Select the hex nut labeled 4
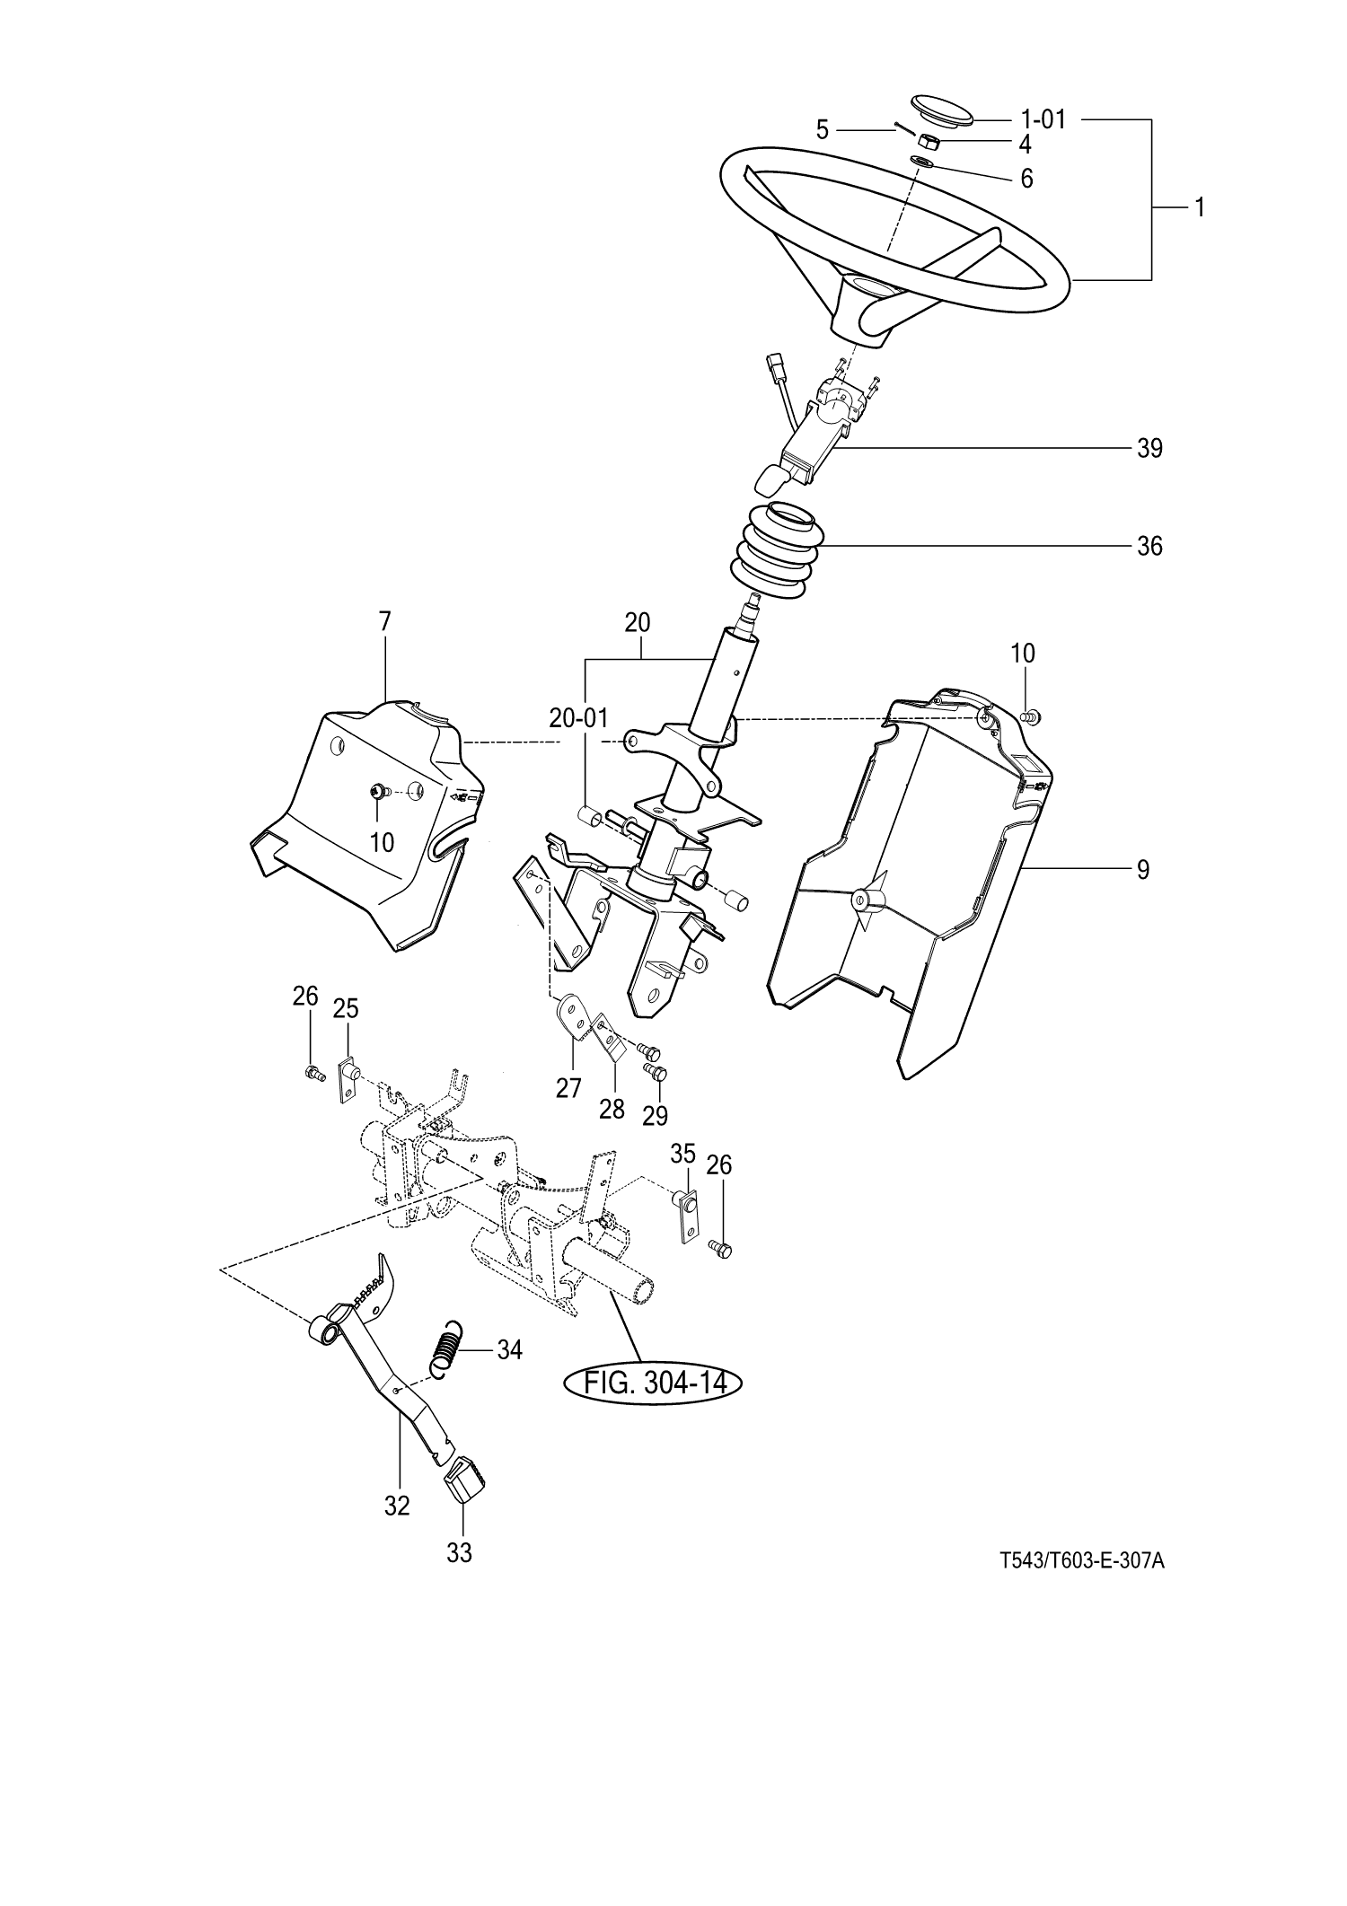point(929,142)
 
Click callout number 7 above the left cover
point(385,620)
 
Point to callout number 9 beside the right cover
point(1142,869)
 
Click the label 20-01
point(578,718)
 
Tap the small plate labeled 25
point(348,1076)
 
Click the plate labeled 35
point(686,1216)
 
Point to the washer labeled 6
point(922,162)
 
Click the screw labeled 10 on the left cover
point(377,792)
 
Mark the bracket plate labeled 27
point(573,1019)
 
